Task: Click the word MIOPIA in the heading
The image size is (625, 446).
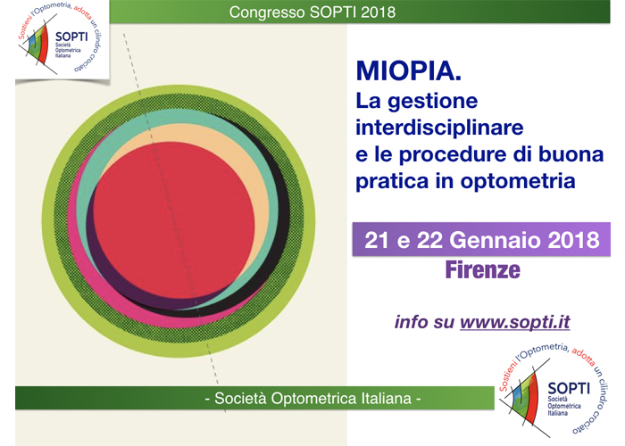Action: (409, 70)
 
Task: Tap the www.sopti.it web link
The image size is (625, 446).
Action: (515, 322)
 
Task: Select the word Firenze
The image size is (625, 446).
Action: (483, 270)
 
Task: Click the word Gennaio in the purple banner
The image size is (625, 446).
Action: (495, 240)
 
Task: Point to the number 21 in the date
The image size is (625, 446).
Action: (377, 240)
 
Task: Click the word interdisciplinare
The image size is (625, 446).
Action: (439, 128)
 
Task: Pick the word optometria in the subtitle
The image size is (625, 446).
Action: (518, 181)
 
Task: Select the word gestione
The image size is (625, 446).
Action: (432, 101)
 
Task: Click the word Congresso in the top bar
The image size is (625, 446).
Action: (267, 12)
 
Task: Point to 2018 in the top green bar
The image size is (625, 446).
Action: (379, 12)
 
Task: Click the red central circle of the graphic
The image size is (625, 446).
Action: (174, 220)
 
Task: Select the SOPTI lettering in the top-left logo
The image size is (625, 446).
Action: (71, 37)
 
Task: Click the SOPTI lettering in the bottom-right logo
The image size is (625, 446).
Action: (569, 388)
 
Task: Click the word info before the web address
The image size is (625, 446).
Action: (412, 322)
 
